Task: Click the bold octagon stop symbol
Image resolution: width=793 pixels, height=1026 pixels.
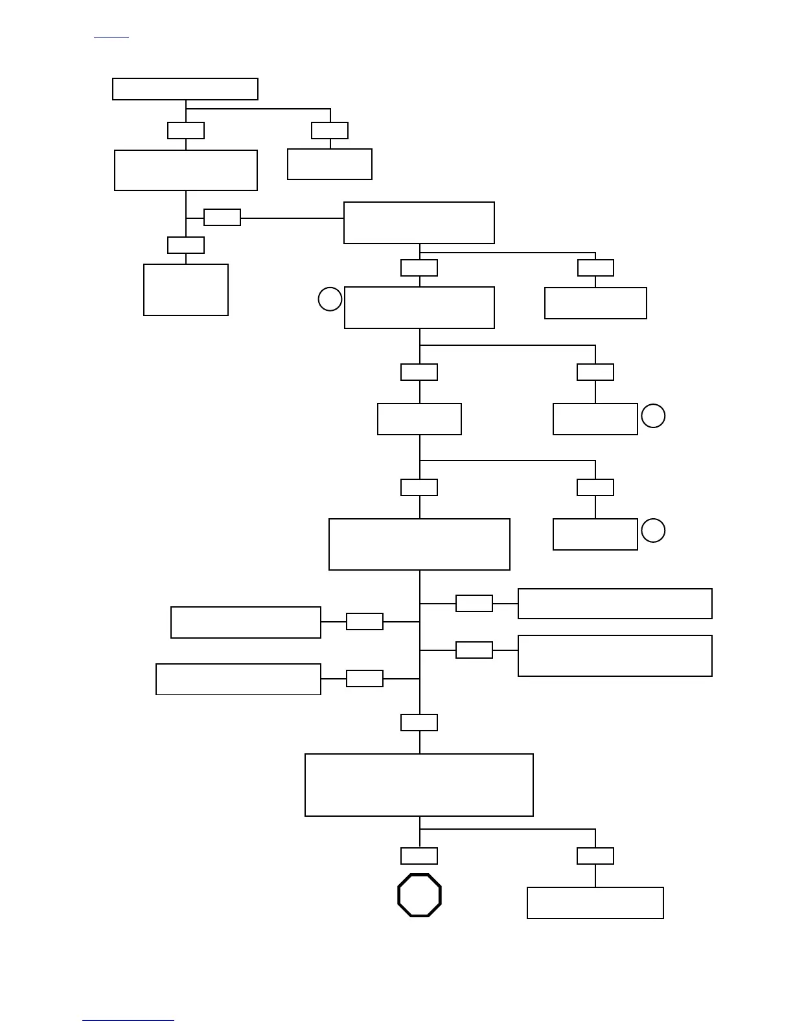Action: pos(419,895)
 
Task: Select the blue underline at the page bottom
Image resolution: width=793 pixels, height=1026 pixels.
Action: pos(128,1020)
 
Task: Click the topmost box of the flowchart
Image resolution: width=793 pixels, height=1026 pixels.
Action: pos(185,89)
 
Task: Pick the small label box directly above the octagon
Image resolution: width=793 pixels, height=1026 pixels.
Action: pos(419,856)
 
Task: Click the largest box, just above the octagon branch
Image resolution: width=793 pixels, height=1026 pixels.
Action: pos(419,784)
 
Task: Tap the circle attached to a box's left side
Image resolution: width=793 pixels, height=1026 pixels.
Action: pos(330,299)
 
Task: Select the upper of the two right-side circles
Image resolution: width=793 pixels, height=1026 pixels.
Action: pos(653,416)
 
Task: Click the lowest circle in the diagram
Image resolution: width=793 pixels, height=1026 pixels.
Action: pos(653,530)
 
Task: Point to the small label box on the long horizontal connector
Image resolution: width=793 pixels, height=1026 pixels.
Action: pos(222,217)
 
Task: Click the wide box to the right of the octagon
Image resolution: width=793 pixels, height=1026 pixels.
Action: pos(595,902)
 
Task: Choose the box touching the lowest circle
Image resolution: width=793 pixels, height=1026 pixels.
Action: pos(595,534)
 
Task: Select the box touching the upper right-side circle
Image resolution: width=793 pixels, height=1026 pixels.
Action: pos(595,418)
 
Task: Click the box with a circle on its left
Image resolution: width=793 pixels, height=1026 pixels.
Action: pos(419,307)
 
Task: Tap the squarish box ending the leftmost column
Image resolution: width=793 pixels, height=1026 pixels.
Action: pos(186,290)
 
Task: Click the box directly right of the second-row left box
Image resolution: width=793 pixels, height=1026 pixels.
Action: pos(330,164)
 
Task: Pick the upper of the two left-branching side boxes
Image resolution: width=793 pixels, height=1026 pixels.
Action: pos(246,622)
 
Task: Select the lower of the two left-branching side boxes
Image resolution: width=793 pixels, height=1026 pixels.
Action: pos(238,679)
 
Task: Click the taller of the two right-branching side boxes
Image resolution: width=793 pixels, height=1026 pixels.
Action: pos(615,655)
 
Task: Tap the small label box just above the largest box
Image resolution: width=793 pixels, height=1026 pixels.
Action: pos(419,722)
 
